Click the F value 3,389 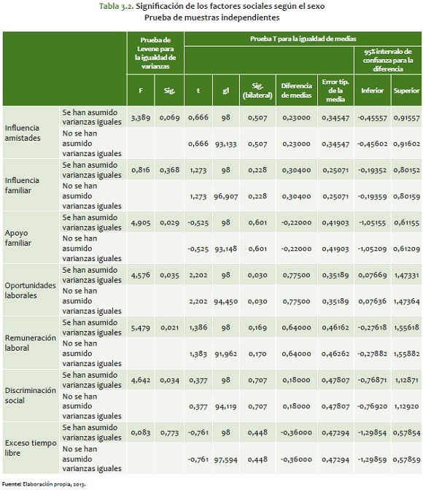tap(141, 117)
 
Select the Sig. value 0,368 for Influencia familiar tap(169, 170)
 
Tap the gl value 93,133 tap(226, 144)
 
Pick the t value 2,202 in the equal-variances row tap(198, 275)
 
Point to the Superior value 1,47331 tap(406, 275)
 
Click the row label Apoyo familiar tap(18, 238)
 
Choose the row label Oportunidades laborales tap(30, 290)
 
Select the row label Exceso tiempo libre tap(31, 448)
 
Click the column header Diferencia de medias tap(296, 90)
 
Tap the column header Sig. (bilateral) tap(257, 90)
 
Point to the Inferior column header tap(372, 90)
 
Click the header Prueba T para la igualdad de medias tap(303, 39)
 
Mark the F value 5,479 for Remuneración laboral tap(141, 327)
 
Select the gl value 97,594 tap(226, 459)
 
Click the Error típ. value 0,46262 tap(335, 354)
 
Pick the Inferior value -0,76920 tap(372, 406)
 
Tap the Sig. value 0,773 tap(169, 432)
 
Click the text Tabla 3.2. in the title tap(116, 6)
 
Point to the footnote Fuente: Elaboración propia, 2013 tap(44, 484)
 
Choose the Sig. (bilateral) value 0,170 tap(257, 354)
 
